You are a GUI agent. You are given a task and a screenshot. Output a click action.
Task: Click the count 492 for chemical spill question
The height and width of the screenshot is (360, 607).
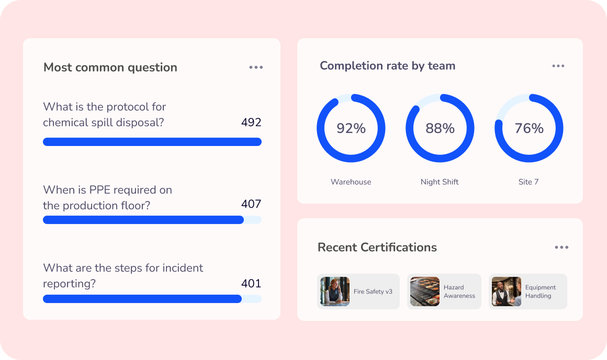click(251, 122)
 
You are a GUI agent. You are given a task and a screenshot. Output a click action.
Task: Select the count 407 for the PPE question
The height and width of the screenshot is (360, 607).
click(251, 204)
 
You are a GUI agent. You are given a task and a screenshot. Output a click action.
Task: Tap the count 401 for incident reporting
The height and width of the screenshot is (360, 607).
click(251, 284)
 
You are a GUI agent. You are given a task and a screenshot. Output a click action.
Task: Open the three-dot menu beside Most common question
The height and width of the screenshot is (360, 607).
click(256, 67)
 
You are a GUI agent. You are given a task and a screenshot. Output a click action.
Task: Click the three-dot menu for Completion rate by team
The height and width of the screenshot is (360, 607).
click(558, 66)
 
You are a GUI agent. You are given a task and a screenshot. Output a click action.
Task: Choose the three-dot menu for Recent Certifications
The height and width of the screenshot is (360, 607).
click(561, 248)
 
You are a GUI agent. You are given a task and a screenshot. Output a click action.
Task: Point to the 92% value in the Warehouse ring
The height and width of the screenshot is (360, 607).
click(351, 128)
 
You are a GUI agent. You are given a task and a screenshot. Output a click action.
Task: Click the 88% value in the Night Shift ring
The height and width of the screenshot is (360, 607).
click(440, 128)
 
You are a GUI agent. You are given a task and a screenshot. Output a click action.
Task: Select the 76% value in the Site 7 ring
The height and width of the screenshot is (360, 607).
click(529, 128)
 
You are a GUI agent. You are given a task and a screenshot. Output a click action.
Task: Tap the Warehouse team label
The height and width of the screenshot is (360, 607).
click(351, 182)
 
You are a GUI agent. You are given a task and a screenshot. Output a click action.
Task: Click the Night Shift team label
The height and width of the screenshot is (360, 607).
click(440, 182)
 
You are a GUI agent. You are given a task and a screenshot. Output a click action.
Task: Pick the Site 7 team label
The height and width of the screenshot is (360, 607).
click(529, 182)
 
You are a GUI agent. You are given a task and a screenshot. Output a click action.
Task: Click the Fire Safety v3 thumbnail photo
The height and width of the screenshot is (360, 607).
click(335, 291)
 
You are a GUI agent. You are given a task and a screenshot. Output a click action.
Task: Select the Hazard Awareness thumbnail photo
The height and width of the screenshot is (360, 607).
click(425, 291)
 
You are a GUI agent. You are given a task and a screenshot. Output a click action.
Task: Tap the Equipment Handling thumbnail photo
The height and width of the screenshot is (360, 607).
click(507, 291)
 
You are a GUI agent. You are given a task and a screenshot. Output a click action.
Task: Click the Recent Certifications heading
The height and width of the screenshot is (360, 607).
click(377, 248)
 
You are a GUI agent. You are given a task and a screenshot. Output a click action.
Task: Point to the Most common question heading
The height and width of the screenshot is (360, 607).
click(110, 67)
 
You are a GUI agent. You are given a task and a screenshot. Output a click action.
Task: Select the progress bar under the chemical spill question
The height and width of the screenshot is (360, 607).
click(152, 142)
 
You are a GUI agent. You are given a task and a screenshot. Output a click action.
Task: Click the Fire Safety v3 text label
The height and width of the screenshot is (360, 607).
click(373, 291)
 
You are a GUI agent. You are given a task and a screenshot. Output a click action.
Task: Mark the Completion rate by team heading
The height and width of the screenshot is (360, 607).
click(388, 66)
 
